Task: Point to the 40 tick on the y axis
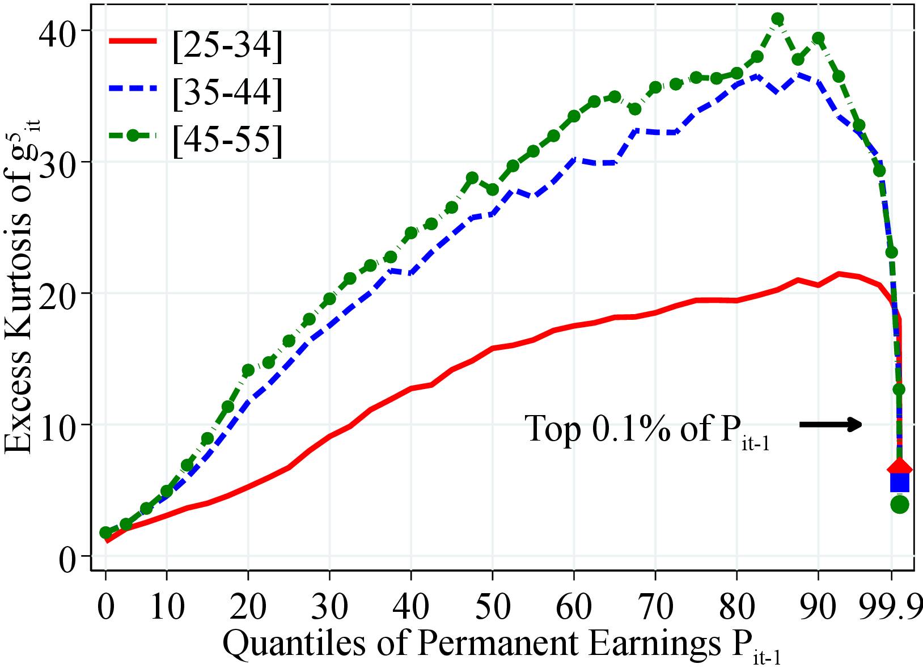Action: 60,31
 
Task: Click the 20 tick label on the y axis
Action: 60,293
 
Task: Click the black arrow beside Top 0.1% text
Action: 831,424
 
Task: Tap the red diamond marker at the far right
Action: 900,468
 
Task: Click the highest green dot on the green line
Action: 777,19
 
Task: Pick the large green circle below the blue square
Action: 900,504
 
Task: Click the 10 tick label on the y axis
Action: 60,425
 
